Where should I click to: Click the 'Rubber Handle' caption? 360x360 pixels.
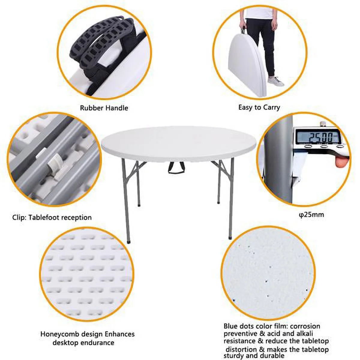coord(104,108)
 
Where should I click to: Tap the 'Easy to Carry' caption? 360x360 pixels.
coord(259,108)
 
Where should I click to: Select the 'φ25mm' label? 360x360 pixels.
coord(311,215)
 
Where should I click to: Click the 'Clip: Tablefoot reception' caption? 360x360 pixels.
coord(52,217)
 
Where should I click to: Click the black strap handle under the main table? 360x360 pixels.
coord(176,168)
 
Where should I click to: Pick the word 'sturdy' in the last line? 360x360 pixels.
coord(235,355)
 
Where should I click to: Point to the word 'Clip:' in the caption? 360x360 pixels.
coord(19,217)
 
